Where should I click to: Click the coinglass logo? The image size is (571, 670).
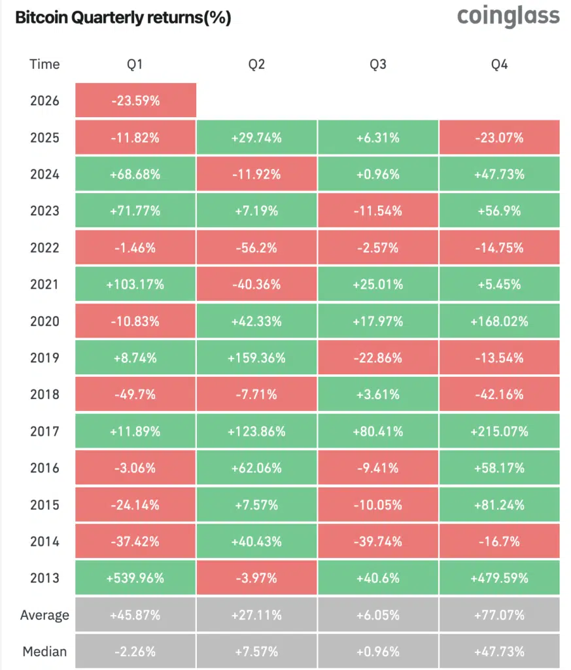click(x=508, y=16)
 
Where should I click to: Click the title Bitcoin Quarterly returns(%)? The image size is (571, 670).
click(x=123, y=18)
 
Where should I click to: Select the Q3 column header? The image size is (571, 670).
click(x=378, y=64)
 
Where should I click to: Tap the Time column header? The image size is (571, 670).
click(x=44, y=64)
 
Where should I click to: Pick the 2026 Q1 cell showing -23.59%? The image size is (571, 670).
click(x=135, y=101)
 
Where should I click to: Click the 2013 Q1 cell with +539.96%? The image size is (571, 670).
click(x=135, y=578)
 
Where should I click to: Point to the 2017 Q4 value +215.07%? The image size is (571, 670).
click(x=500, y=431)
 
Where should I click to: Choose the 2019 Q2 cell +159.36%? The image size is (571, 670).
click(x=257, y=358)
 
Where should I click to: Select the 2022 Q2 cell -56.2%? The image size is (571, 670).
click(x=257, y=247)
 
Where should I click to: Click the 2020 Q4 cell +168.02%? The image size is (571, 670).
click(x=500, y=321)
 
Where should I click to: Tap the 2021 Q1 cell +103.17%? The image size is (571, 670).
click(x=135, y=285)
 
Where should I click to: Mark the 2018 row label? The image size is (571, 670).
click(x=44, y=395)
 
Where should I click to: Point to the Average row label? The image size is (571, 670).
click(x=44, y=615)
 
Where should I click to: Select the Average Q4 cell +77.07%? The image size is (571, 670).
click(x=500, y=615)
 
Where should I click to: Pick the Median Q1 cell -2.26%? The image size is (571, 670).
click(x=135, y=652)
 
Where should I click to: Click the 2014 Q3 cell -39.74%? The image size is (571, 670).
click(x=378, y=542)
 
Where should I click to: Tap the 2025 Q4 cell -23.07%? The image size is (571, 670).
click(x=500, y=137)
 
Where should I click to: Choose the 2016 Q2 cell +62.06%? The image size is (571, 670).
click(x=257, y=468)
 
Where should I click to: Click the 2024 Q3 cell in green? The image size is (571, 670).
click(x=378, y=174)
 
